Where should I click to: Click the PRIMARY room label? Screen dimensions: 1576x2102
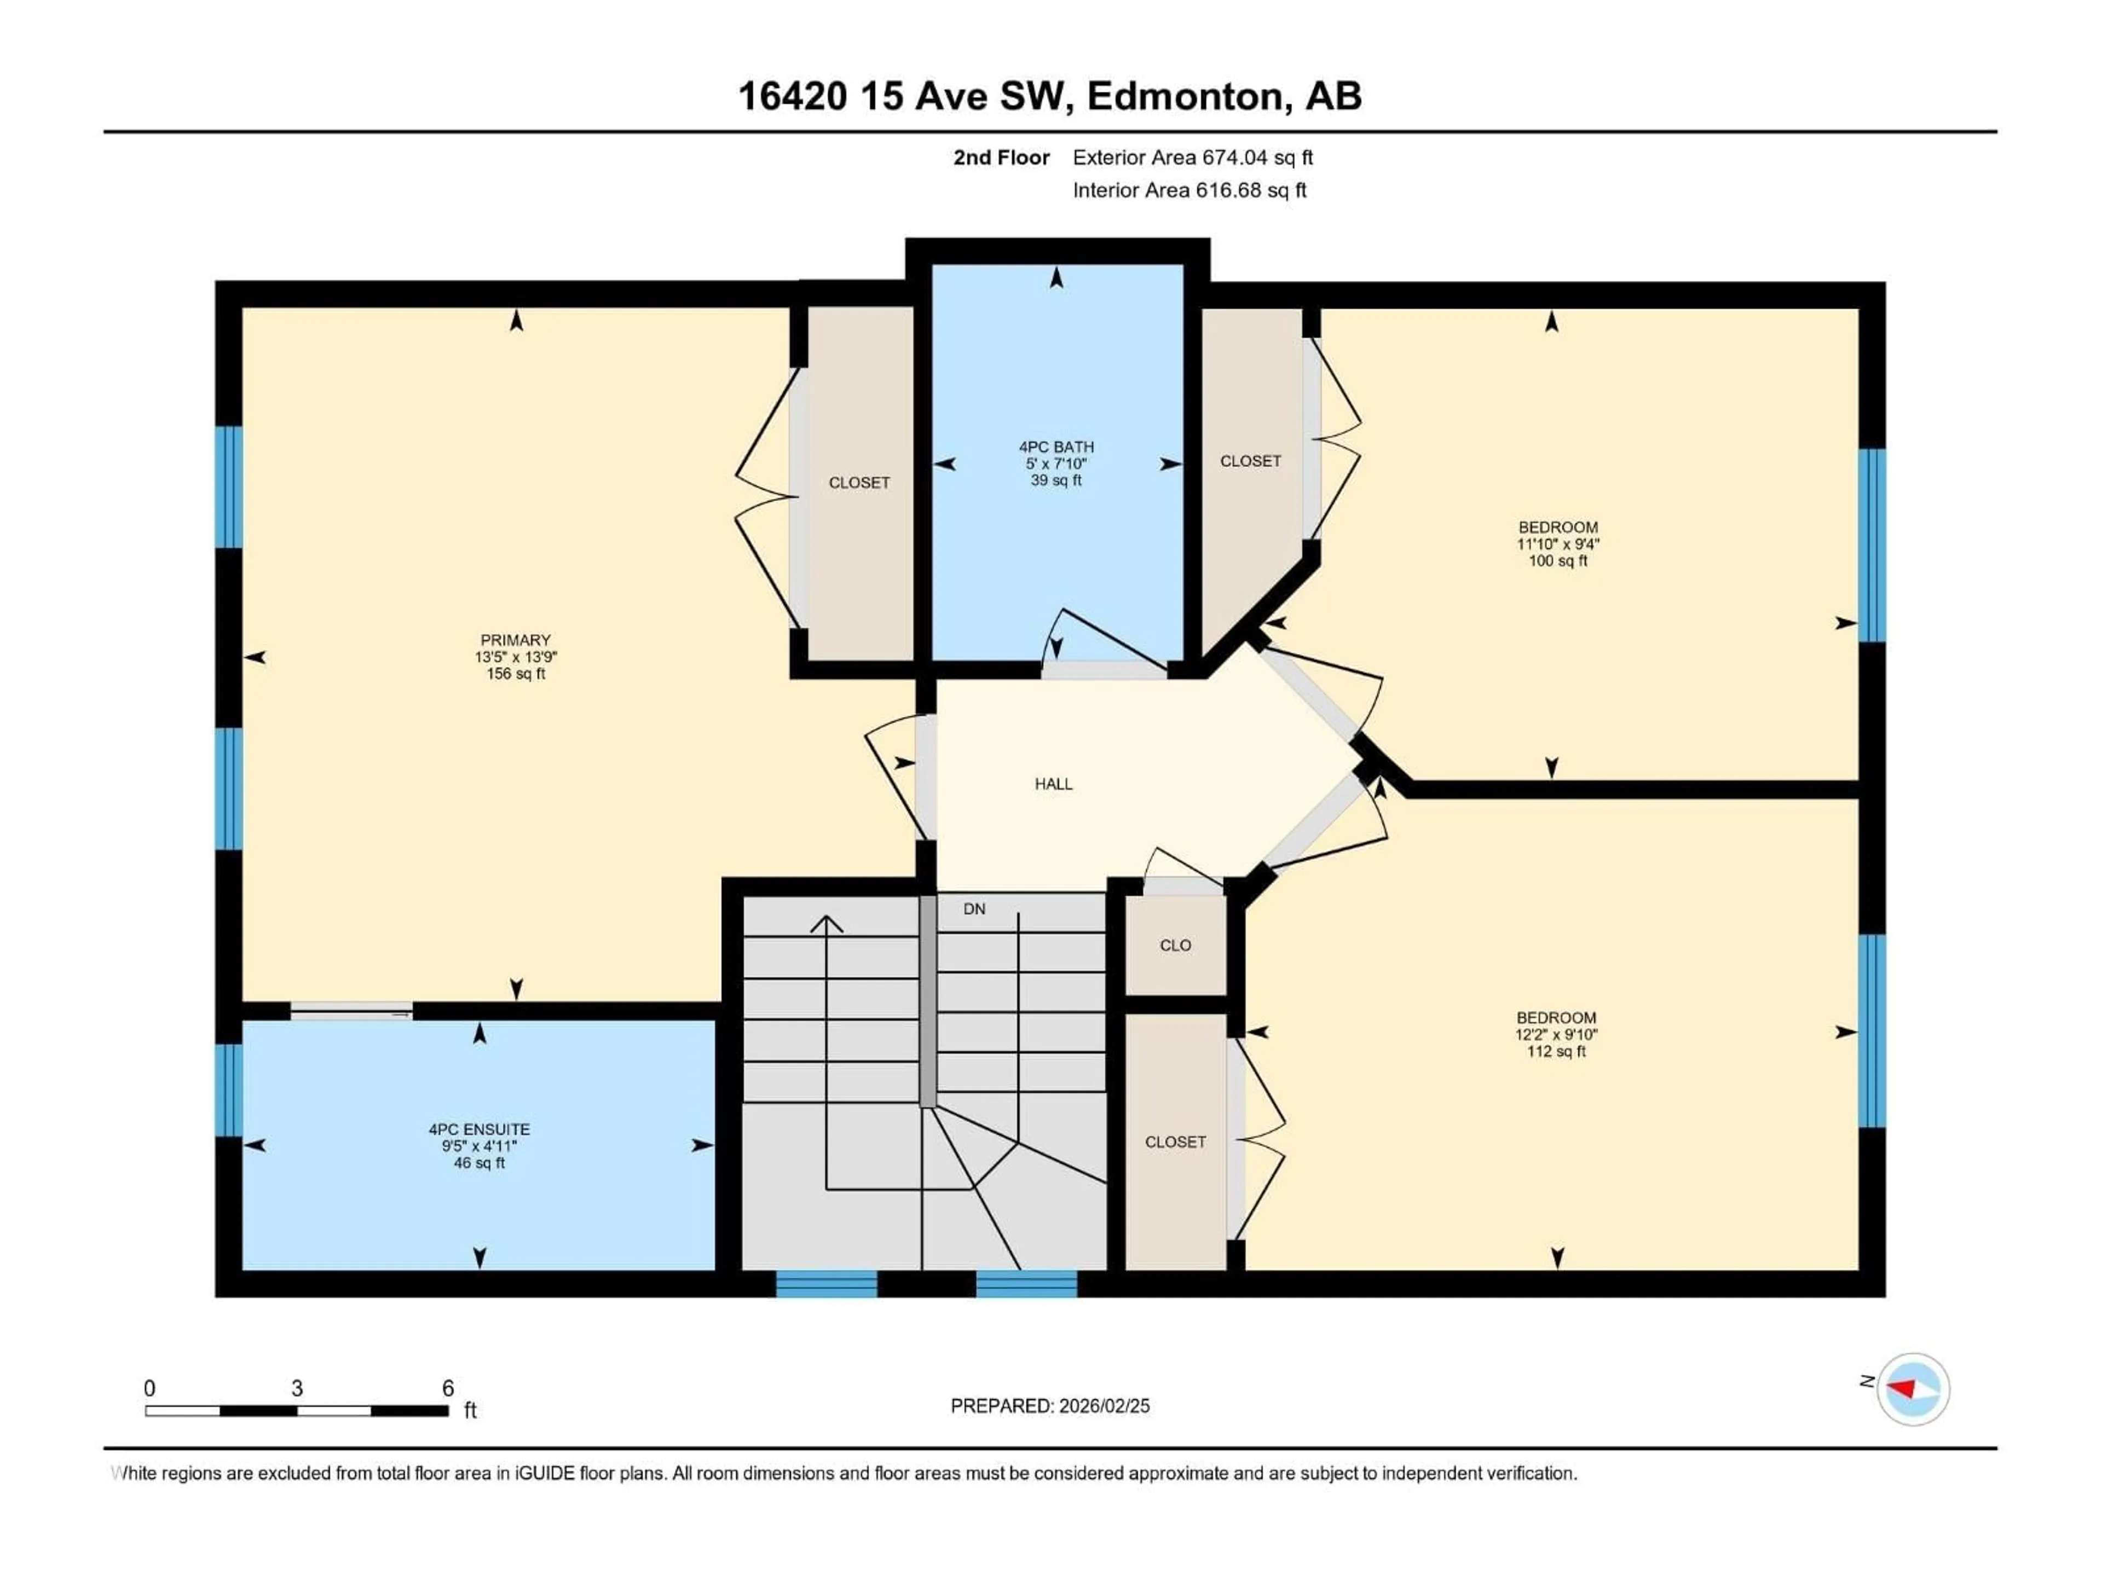pyautogui.click(x=515, y=640)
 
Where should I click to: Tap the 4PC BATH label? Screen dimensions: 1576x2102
pyautogui.click(x=1056, y=447)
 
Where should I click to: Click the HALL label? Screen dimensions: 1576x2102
pyautogui.click(x=1053, y=784)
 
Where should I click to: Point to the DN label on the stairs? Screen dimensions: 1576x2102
pyautogui.click(x=974, y=909)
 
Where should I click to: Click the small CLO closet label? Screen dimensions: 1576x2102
pyautogui.click(x=1175, y=945)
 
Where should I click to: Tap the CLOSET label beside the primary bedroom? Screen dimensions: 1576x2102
pyautogui.click(x=859, y=483)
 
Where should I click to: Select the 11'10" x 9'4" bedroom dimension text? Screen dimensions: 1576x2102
pyautogui.click(x=1557, y=544)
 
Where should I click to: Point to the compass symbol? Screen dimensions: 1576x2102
pyautogui.click(x=1913, y=1389)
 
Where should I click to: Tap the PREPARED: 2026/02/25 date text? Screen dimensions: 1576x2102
pyautogui.click(x=1050, y=1406)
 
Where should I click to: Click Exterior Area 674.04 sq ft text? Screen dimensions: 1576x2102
pyautogui.click(x=1193, y=158)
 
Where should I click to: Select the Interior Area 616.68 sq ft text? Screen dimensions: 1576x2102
pyautogui.click(x=1189, y=190)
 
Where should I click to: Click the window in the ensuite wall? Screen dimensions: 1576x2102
pyautogui.click(x=228, y=1090)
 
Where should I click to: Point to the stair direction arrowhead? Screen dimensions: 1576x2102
pyautogui.click(x=827, y=923)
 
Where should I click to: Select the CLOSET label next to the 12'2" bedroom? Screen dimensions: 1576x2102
pyautogui.click(x=1175, y=1142)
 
